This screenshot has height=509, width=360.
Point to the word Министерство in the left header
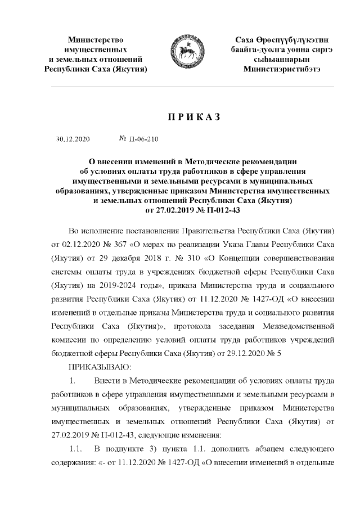95,40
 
